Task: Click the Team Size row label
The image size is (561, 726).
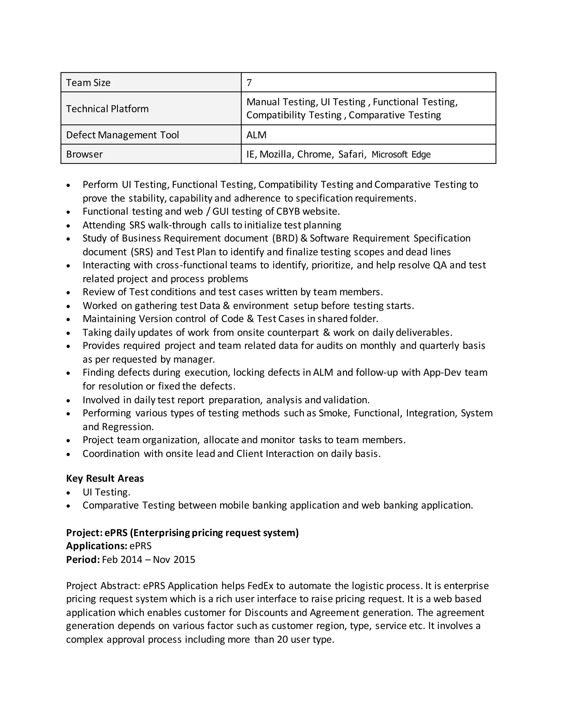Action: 88,82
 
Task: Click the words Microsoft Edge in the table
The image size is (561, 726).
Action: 401,154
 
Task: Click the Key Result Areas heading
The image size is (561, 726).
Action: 105,478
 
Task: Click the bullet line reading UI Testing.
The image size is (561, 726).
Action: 106,492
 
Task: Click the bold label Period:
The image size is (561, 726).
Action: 83,559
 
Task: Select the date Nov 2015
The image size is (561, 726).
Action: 174,559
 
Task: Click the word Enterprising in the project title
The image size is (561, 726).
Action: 162,533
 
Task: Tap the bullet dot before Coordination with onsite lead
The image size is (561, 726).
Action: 68,454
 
